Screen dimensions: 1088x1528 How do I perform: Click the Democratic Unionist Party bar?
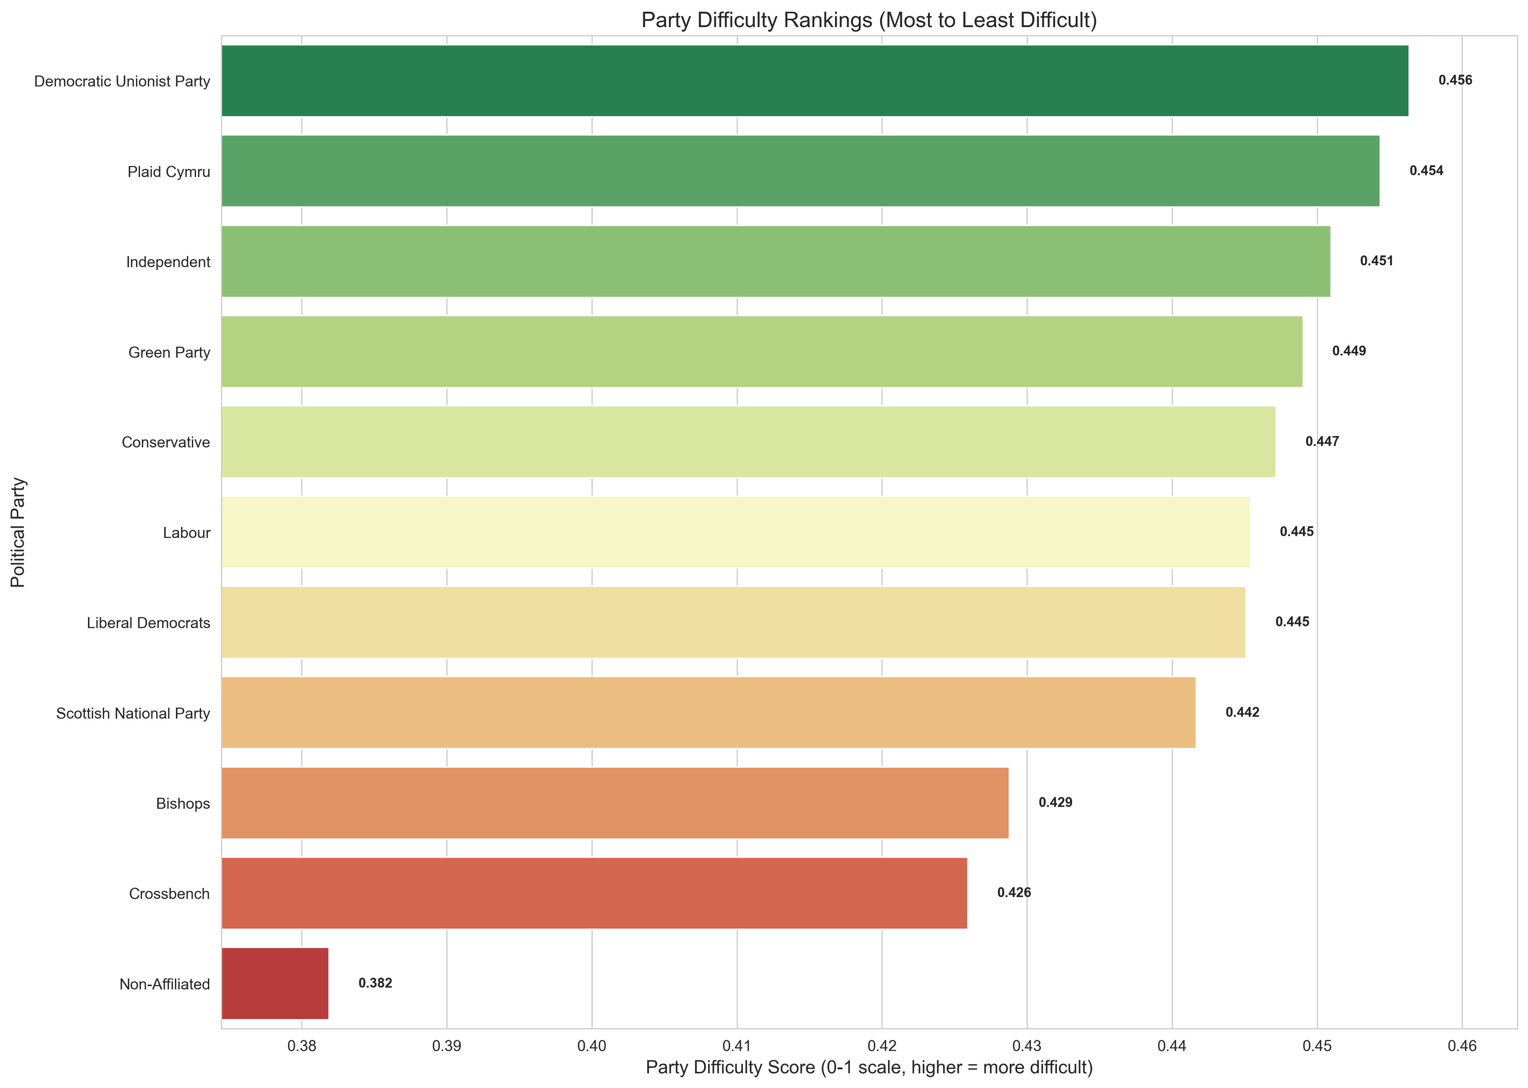point(814,81)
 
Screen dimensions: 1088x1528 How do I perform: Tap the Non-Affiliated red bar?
point(275,984)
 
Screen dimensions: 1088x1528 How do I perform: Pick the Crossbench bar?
point(594,893)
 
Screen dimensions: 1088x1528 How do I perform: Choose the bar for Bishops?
point(615,803)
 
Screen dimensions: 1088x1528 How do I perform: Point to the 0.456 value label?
point(1455,80)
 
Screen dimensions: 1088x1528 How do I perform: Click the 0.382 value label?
point(375,983)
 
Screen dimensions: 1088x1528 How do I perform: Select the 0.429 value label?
point(1055,803)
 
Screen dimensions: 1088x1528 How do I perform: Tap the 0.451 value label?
point(1376,261)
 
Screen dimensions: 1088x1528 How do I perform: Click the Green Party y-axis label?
point(169,353)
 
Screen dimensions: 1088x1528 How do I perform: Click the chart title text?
point(869,20)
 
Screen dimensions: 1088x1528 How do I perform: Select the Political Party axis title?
point(18,532)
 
